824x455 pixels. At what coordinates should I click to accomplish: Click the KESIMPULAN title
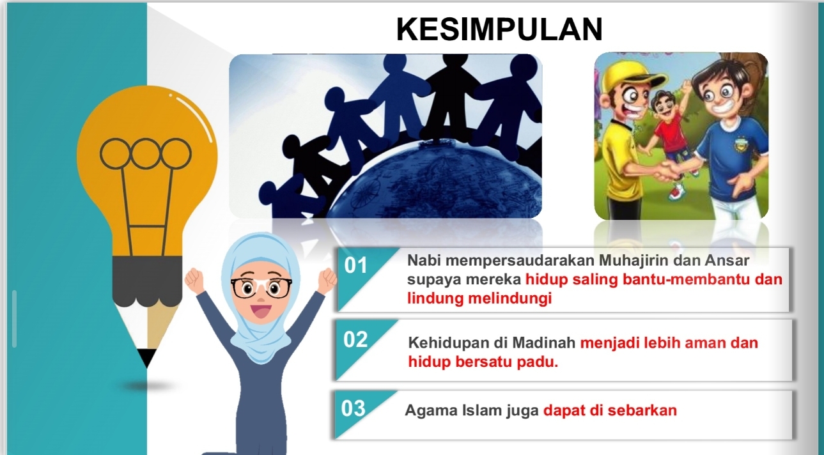coord(499,29)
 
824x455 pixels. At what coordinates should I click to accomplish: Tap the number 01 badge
coord(356,266)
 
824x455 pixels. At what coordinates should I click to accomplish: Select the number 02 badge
coord(356,339)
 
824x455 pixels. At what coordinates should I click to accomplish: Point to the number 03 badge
coord(354,408)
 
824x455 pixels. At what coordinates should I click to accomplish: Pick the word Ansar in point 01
coord(727,261)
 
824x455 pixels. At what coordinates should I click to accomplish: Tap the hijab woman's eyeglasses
coord(261,288)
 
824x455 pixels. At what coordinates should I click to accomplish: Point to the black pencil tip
coord(147,358)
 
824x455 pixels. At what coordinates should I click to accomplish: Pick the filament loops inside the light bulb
coord(146,153)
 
